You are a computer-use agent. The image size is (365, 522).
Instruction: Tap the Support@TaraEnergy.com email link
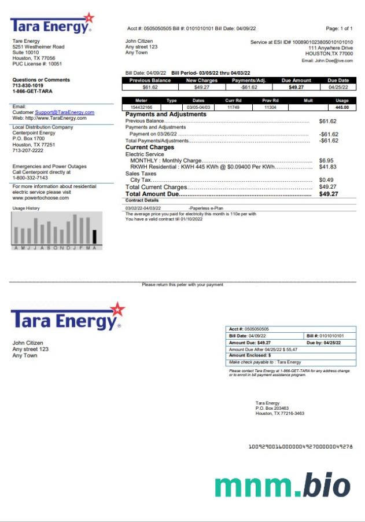65,112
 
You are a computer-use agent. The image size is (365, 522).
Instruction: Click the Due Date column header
338,80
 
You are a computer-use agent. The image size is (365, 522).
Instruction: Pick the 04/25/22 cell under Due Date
338,87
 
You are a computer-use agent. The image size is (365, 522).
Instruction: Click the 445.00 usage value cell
341,107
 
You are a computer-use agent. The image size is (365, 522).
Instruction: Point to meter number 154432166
142,107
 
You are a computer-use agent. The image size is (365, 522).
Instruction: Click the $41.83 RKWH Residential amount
327,167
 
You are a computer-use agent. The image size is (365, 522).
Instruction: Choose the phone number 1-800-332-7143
30,178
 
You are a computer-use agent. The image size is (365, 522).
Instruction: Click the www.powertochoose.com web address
40,198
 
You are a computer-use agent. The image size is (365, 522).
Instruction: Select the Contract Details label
142,200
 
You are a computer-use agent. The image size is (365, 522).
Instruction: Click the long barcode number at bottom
300,447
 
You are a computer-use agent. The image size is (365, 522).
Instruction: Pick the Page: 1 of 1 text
339,28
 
